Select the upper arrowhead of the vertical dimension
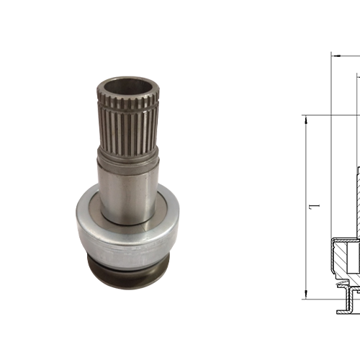pyautogui.click(x=307, y=119)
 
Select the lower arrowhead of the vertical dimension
pyautogui.click(x=307, y=296)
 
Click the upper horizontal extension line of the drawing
pyautogui.click(x=328, y=114)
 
